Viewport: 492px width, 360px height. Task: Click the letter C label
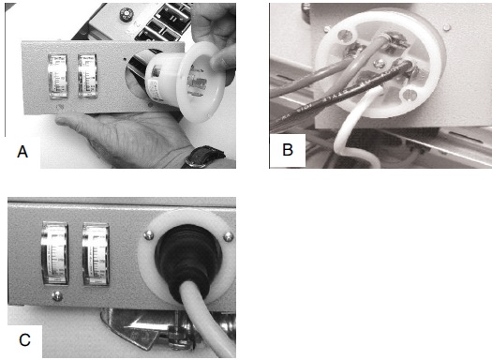24,340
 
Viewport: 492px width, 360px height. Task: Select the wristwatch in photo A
201,156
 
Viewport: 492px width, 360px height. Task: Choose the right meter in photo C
96,255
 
